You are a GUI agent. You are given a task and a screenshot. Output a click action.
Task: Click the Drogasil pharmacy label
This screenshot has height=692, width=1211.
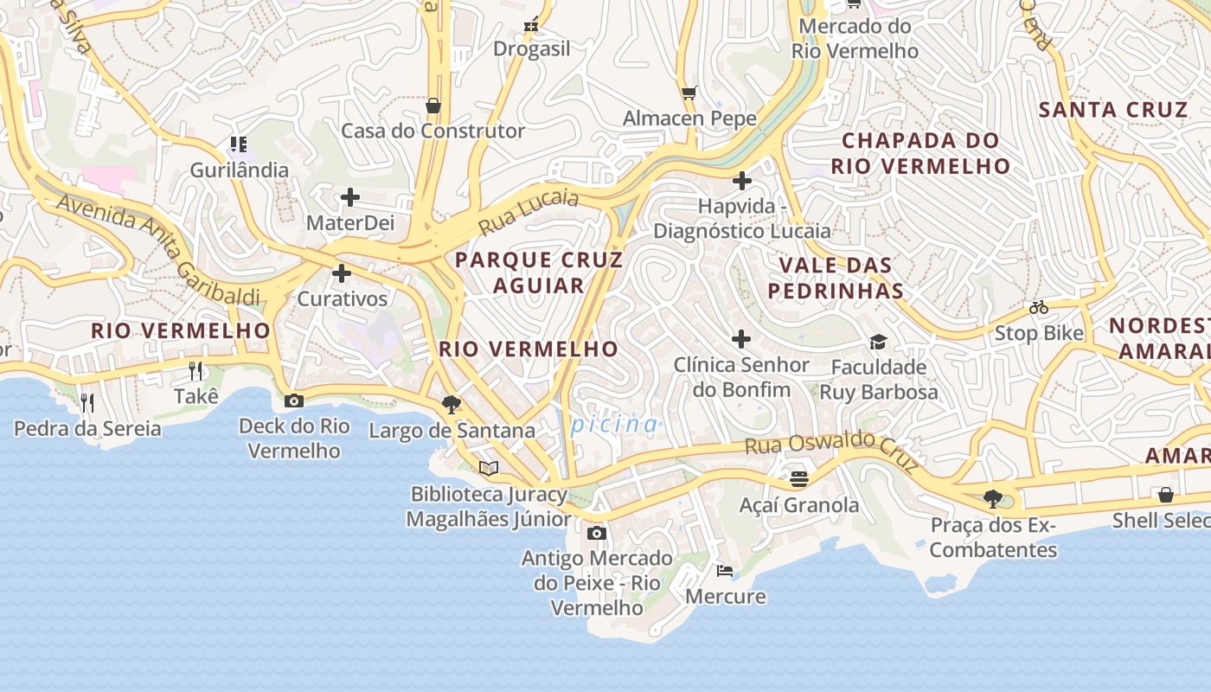[531, 48]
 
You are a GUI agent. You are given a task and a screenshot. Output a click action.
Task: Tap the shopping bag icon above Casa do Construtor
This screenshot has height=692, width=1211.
[433, 106]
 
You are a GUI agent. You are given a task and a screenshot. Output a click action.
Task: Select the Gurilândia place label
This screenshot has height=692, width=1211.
[239, 170]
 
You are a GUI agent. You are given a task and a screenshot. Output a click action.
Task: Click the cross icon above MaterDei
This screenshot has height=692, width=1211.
[350, 197]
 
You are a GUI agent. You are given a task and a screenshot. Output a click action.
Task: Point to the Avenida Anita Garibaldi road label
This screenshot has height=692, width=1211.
[157, 250]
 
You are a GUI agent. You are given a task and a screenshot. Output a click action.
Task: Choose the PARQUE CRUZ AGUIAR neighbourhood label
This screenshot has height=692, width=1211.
[538, 272]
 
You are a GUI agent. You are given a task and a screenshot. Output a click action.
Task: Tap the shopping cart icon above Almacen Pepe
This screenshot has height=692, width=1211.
[689, 93]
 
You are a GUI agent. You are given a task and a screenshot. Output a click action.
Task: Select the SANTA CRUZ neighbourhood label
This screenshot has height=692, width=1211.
[1113, 110]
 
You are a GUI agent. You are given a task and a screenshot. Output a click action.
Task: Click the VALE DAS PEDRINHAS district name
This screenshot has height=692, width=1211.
[835, 278]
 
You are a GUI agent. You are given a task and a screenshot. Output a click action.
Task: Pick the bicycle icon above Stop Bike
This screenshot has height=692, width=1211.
[1039, 307]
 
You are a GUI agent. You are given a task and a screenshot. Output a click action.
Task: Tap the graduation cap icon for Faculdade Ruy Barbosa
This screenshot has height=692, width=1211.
[878, 342]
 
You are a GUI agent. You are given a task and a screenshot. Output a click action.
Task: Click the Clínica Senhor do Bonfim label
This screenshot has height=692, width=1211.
[741, 377]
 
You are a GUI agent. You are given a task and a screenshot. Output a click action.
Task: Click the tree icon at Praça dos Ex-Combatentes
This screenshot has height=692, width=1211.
[993, 498]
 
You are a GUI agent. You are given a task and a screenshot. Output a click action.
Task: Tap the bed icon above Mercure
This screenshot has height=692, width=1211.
[725, 570]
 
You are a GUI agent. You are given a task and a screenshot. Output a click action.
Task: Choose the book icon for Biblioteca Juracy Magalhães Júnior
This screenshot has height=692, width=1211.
[489, 468]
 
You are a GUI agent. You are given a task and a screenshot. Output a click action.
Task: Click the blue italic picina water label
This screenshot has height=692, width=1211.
[614, 424]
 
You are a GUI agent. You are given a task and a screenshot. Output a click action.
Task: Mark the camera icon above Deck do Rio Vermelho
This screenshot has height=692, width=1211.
[294, 400]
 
